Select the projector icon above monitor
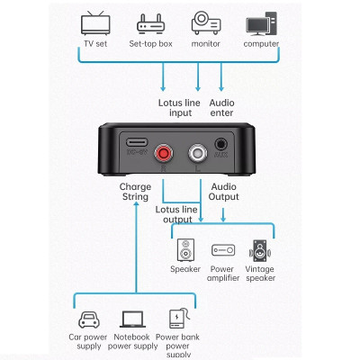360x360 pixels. click(205, 22)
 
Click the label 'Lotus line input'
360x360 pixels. click(180, 108)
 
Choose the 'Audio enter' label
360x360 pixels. click(222, 108)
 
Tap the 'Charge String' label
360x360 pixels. click(135, 192)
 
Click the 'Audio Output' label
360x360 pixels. click(222, 192)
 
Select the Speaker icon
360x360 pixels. click(185, 249)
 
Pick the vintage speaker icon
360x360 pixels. click(260, 249)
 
